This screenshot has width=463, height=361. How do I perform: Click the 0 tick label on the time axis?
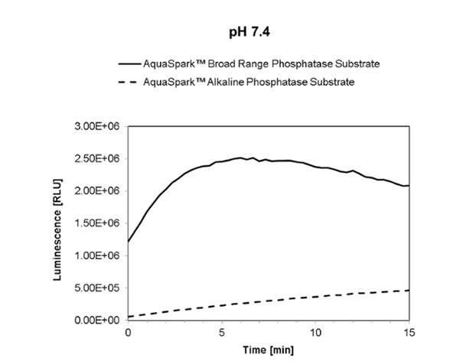(x=128, y=333)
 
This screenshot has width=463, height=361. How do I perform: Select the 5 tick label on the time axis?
(x=222, y=333)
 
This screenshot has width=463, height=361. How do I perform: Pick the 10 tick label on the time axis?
(x=315, y=333)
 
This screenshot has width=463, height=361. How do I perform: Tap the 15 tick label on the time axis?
(x=409, y=333)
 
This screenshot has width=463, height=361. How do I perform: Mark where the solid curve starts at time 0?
(x=129, y=242)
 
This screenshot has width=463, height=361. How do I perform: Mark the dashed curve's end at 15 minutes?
(x=409, y=291)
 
